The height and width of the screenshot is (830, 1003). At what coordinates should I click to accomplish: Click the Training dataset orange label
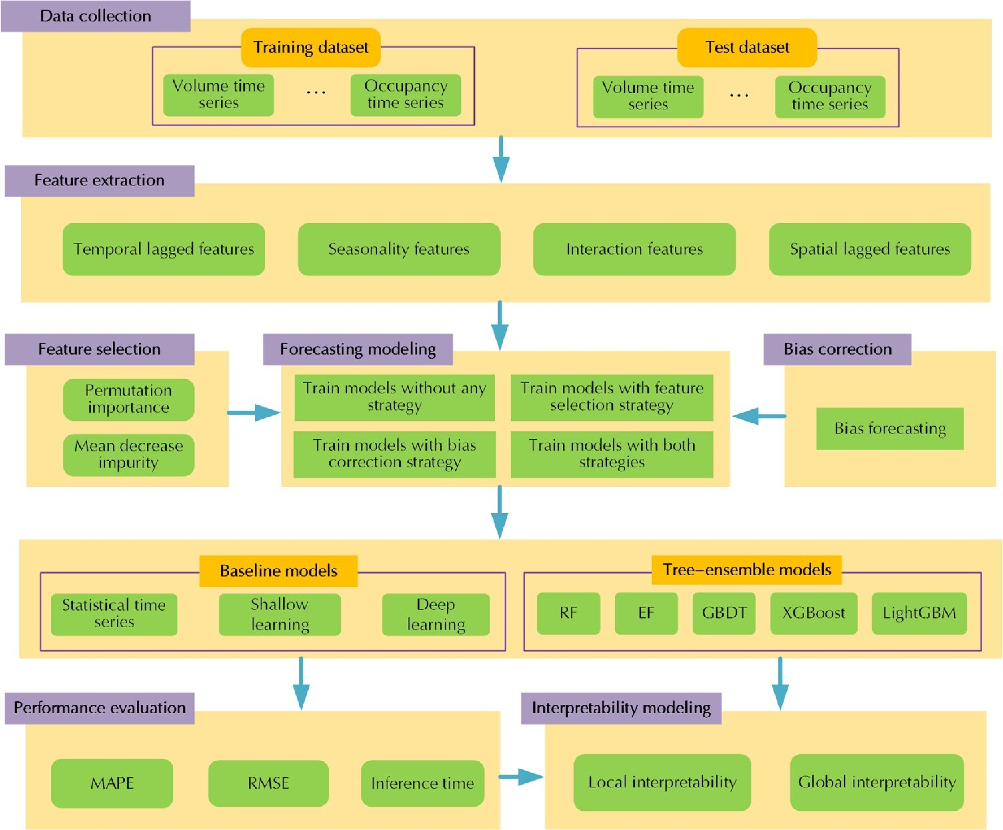click(x=310, y=47)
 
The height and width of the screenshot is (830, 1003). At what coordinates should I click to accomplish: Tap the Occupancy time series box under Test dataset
click(x=830, y=97)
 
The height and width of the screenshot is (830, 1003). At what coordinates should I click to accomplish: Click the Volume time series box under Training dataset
click(x=218, y=94)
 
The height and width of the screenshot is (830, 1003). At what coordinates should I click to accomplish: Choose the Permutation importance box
click(x=128, y=399)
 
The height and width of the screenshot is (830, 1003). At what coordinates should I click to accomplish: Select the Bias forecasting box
click(x=889, y=428)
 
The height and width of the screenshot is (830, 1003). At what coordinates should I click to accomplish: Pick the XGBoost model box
click(x=813, y=613)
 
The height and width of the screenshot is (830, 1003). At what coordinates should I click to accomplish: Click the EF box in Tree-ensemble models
click(x=646, y=613)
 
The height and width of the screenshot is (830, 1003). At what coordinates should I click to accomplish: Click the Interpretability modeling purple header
click(x=621, y=708)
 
